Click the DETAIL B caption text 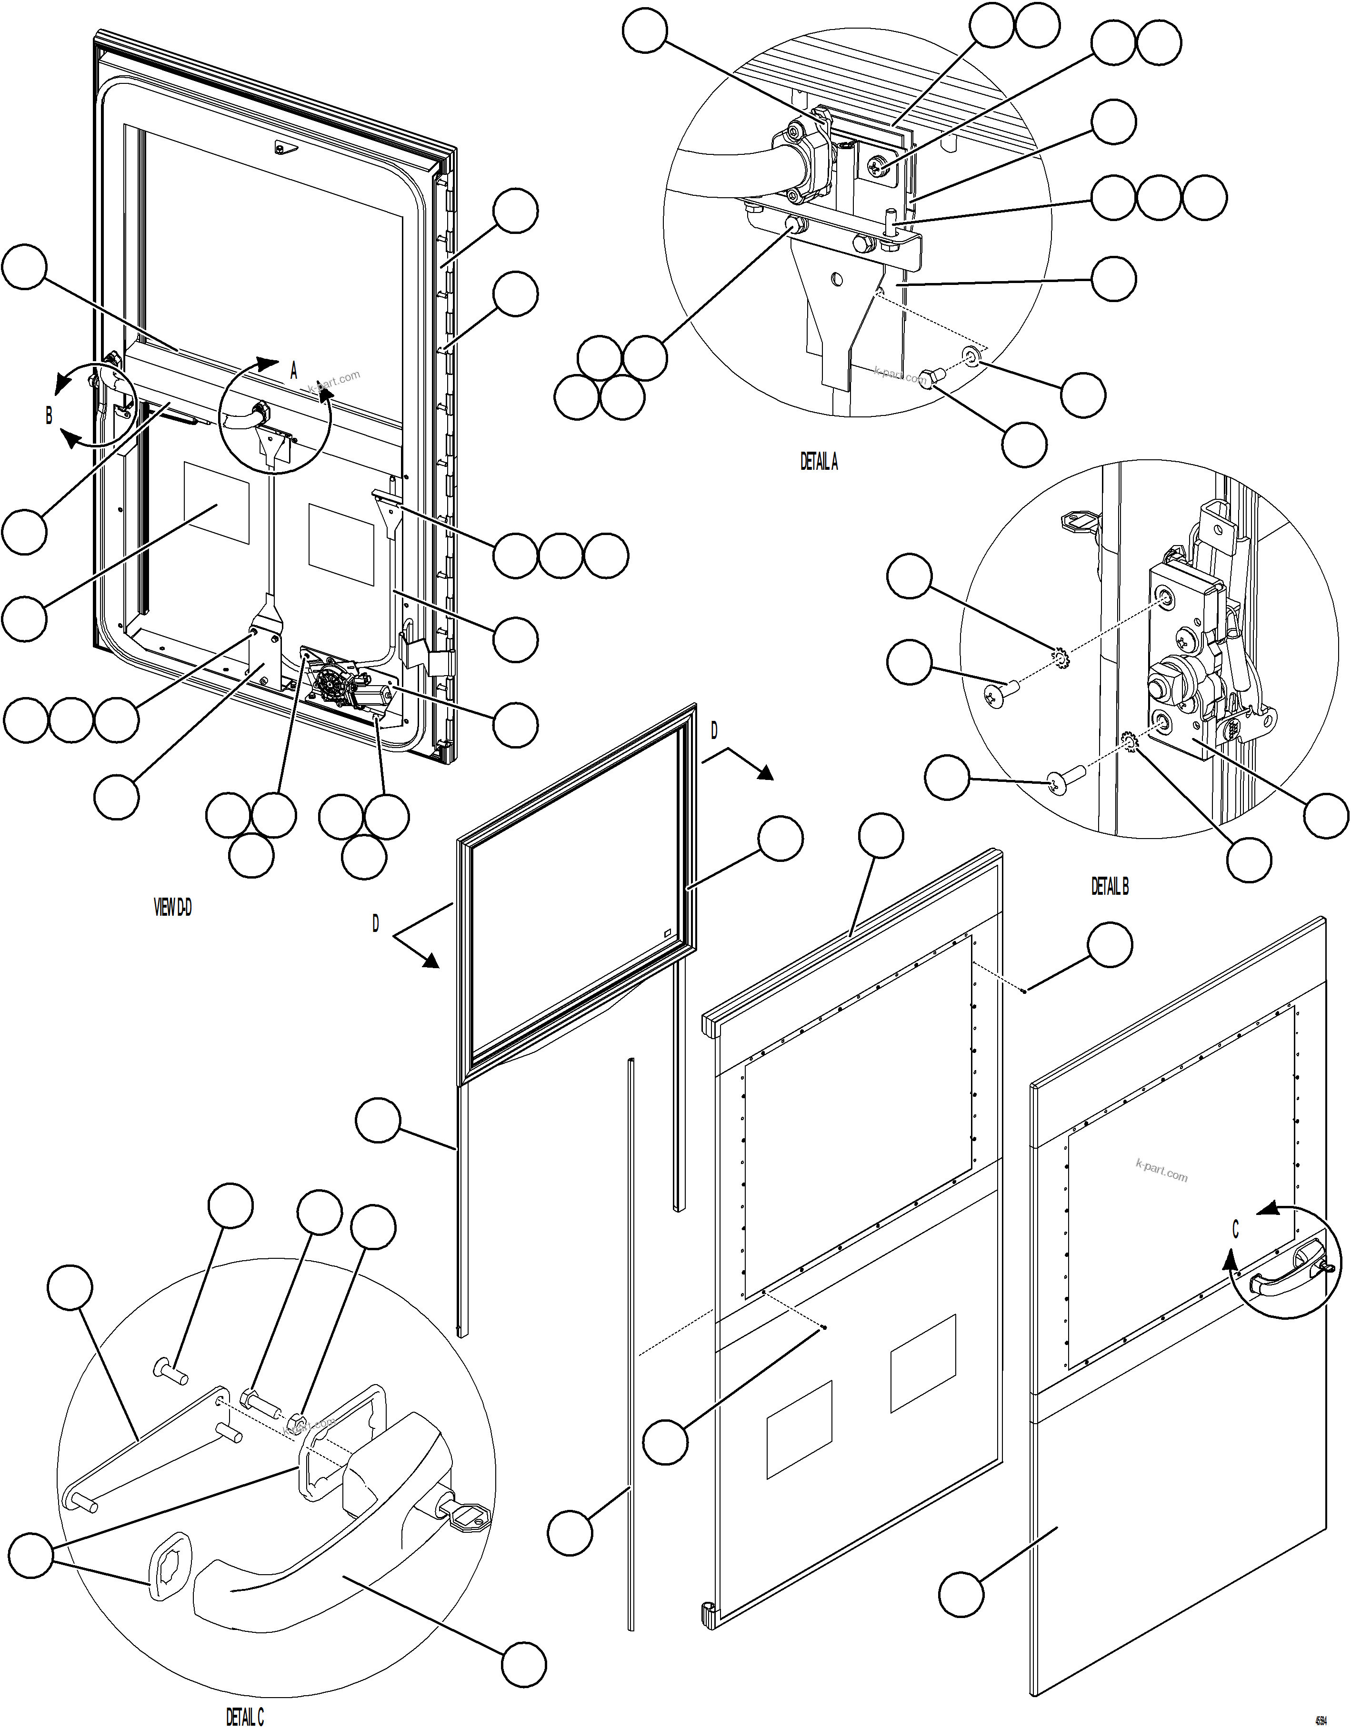[x=1110, y=887]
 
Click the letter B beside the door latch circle [x=49, y=416]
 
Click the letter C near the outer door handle [x=1235, y=1230]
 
